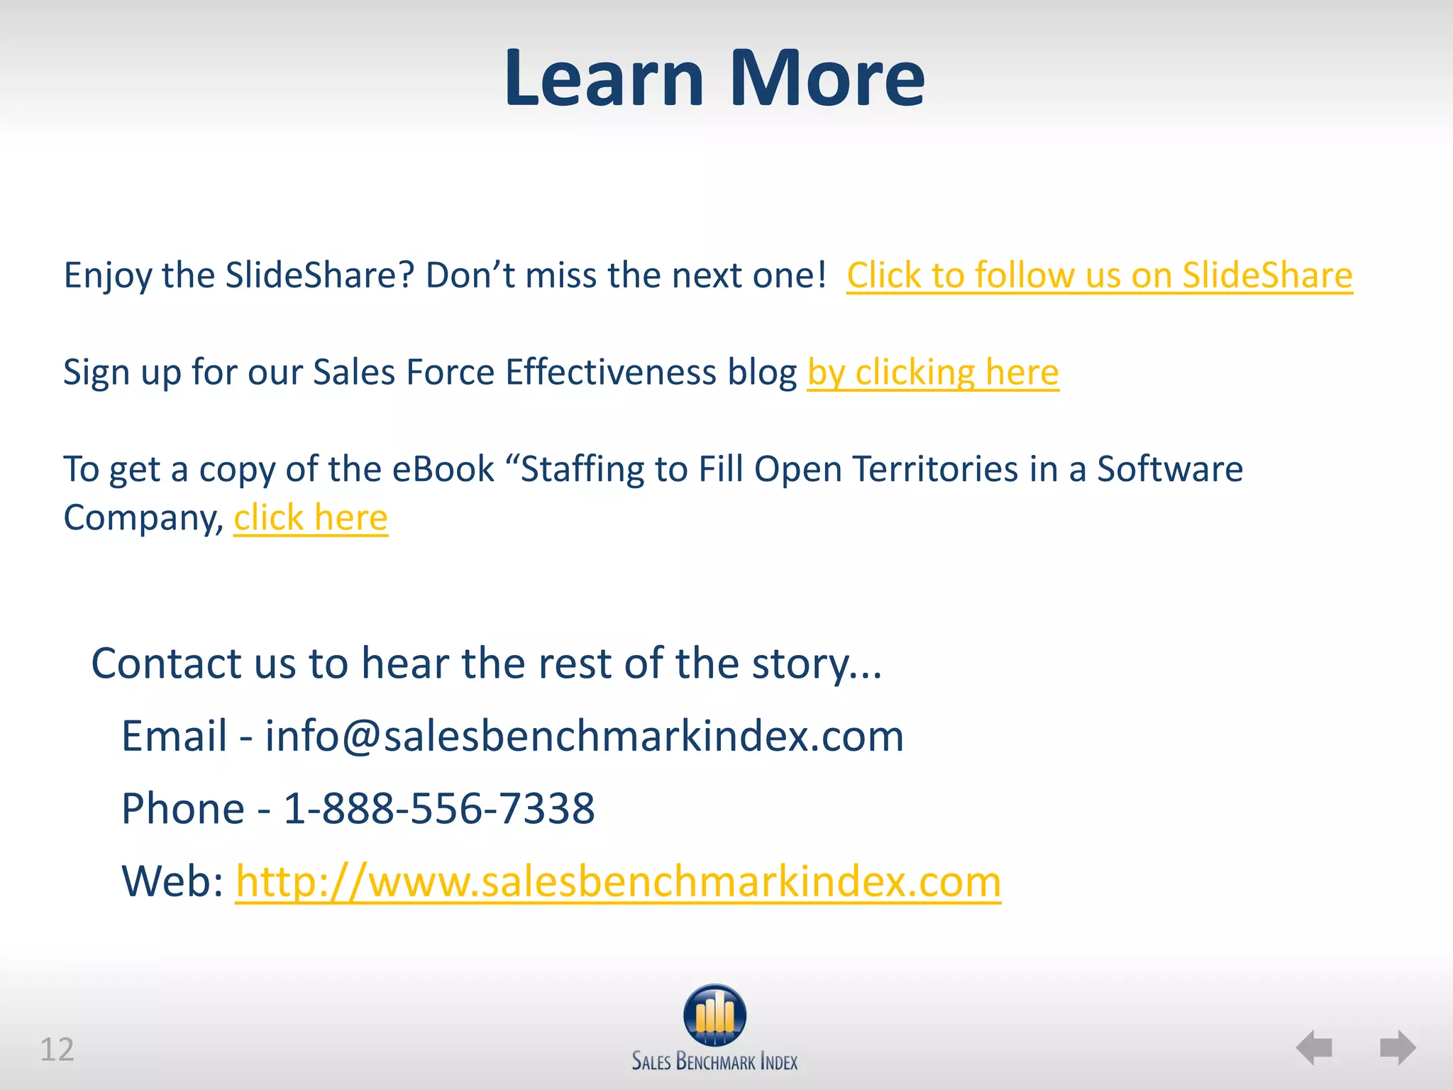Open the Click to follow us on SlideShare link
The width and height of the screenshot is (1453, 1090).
click(1099, 275)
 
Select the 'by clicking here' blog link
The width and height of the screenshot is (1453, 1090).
click(933, 373)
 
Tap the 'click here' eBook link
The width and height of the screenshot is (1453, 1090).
click(311, 517)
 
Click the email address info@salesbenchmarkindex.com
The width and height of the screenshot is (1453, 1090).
click(584, 736)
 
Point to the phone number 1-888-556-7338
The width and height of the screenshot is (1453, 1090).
click(439, 808)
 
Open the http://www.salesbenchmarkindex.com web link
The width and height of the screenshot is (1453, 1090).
click(617, 881)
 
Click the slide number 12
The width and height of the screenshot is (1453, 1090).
click(57, 1050)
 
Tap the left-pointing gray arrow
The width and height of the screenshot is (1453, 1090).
click(1314, 1047)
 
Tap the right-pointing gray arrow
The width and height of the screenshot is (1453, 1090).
click(1398, 1047)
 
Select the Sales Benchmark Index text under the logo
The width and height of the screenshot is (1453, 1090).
click(714, 1062)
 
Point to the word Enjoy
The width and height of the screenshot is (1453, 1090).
click(107, 275)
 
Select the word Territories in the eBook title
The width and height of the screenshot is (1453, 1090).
click(935, 469)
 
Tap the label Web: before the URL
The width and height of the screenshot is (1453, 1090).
click(172, 881)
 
